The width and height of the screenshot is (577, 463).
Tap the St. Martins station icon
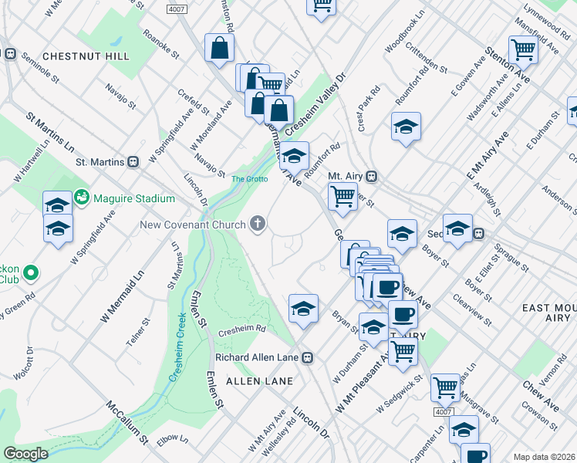click(x=133, y=162)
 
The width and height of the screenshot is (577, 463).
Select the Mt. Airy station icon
click(x=371, y=176)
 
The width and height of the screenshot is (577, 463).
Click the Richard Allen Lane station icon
click(x=308, y=357)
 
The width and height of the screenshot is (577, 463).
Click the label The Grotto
click(x=250, y=179)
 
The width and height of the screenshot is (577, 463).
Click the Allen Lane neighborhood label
click(x=259, y=381)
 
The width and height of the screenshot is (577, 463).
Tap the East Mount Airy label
click(x=548, y=313)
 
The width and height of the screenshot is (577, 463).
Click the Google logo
click(x=25, y=454)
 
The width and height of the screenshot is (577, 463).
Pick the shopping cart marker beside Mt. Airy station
click(x=342, y=195)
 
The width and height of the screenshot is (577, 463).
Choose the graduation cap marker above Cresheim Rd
click(x=303, y=309)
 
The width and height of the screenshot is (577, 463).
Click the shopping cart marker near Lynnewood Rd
click(x=523, y=49)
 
